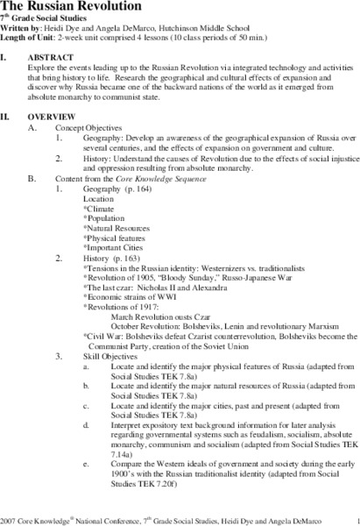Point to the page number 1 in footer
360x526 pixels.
(x=349, y=518)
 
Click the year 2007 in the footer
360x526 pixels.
(x=10, y=518)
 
